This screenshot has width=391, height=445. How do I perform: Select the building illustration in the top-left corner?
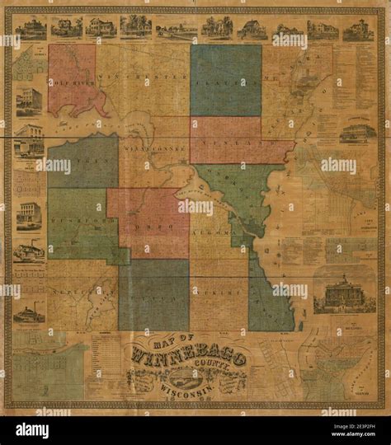tap(31, 29)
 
